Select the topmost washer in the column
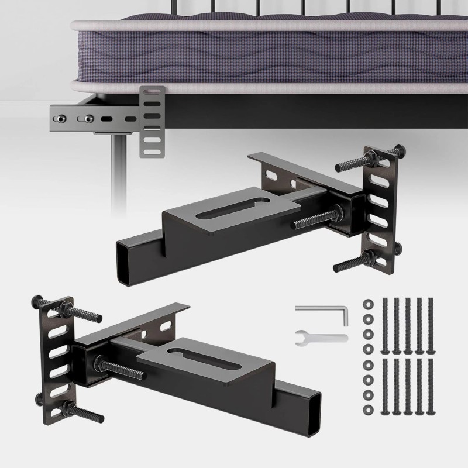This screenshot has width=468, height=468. (x=367, y=304)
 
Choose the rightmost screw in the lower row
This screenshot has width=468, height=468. (x=431, y=389)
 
